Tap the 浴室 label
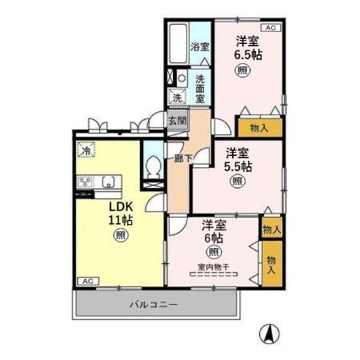tap(199, 47)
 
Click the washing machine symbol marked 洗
tap(175, 98)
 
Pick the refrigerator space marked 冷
tap(84, 150)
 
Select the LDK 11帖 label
tap(120, 212)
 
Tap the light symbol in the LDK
tap(120, 235)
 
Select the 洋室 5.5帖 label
tap(238, 160)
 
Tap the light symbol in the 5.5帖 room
tap(238, 182)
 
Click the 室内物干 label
tap(211, 268)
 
